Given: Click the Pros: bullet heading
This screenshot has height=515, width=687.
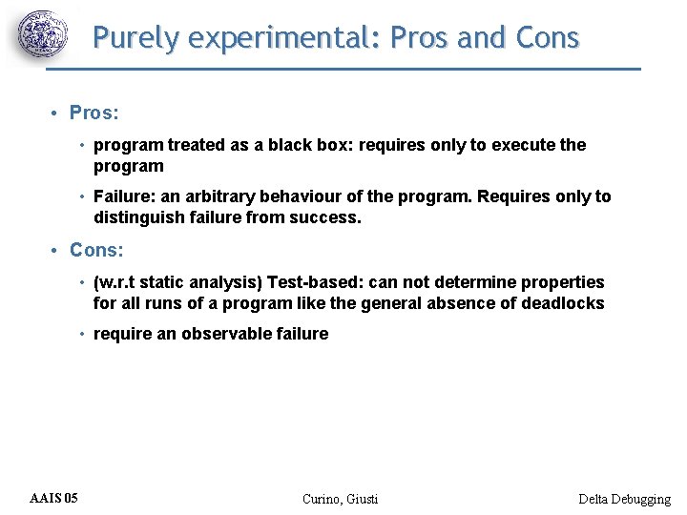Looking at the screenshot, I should pos(94,113).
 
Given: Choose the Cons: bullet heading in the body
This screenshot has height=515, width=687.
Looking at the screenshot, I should pos(96,250).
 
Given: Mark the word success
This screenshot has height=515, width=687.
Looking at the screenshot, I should pos(327,216).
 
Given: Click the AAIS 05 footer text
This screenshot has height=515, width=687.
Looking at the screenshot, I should pos(54,498).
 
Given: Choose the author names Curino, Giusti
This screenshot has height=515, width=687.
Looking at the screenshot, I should pos(340,499).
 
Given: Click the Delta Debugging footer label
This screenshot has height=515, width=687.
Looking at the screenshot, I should pos(624,499).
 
